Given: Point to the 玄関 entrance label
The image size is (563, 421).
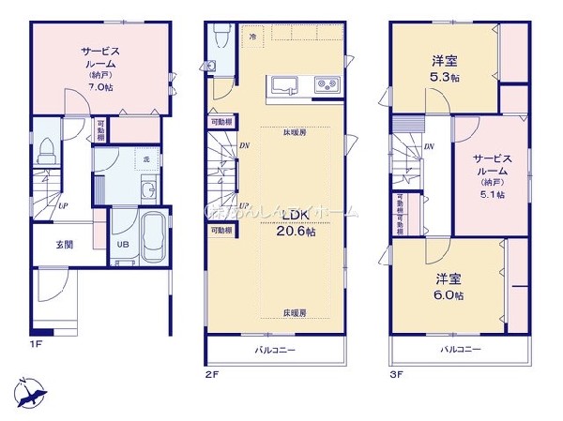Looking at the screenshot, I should point(64,245).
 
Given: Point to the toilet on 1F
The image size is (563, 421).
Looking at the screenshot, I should point(49,147).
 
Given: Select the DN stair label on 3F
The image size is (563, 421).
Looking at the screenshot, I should point(429,147).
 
